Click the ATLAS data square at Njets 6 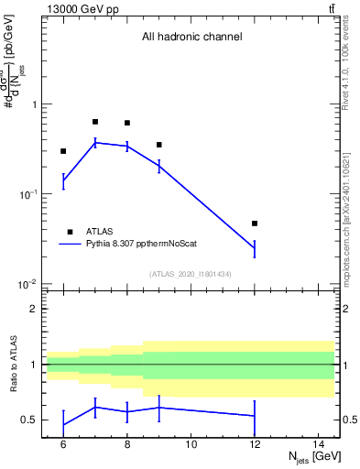point(63,151)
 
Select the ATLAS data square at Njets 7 point(95,122)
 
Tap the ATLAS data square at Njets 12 point(255,224)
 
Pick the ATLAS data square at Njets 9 point(159,145)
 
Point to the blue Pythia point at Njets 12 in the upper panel point(255,248)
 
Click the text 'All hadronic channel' point(191,38)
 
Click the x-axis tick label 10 point(191,444)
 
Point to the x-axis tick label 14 point(320,444)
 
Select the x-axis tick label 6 point(63,444)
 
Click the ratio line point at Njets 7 point(95,407)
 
